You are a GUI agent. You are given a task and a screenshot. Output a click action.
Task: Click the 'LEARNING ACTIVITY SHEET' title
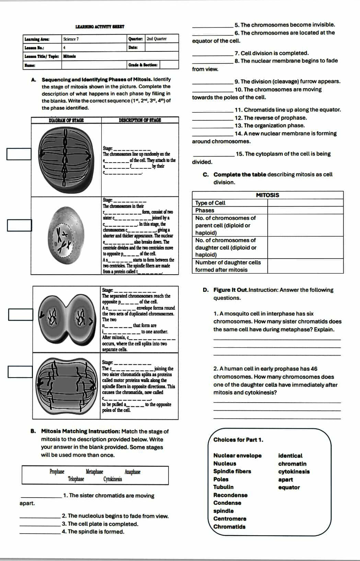100,27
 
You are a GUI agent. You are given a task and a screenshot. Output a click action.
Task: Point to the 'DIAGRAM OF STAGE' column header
66,120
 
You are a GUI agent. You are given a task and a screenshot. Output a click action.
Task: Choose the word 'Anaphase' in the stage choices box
132,472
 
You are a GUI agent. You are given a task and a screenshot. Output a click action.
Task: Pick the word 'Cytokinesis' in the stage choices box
113,479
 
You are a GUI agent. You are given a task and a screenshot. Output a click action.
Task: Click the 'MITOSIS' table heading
268,195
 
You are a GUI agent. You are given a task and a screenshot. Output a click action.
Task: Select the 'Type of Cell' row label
210,203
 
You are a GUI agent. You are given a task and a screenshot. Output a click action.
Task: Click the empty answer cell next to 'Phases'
305,211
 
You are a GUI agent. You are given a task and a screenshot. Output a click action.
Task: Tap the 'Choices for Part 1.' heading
238,440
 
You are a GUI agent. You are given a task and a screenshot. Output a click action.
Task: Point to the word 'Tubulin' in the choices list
223,487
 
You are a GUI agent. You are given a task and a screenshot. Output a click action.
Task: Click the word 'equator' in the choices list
289,487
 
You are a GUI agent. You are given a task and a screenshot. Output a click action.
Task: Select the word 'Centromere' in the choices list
230,518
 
